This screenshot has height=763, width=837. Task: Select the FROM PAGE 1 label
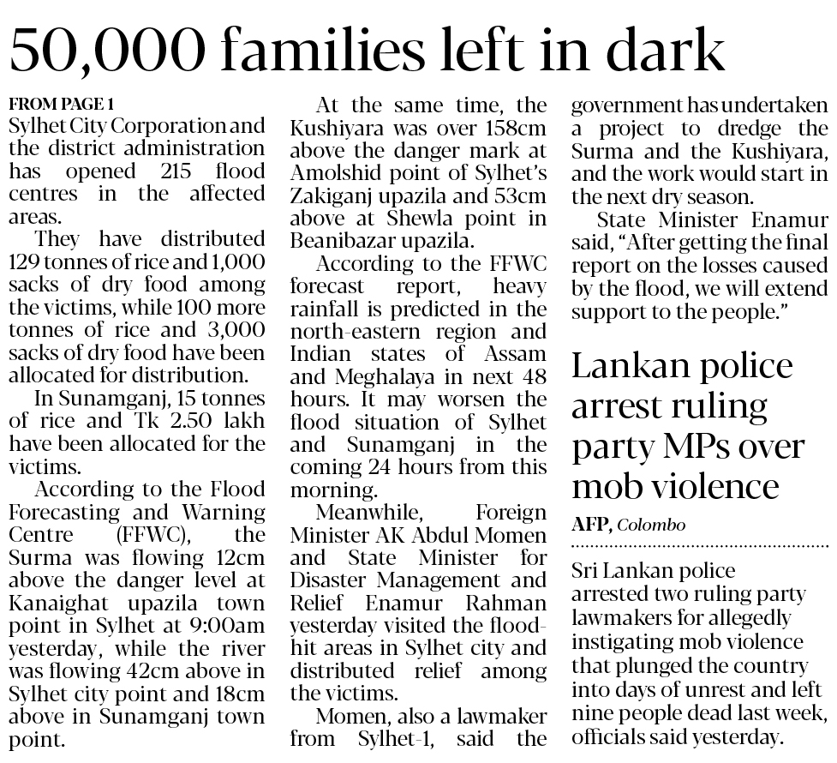(x=61, y=105)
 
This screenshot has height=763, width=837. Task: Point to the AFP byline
(x=590, y=525)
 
